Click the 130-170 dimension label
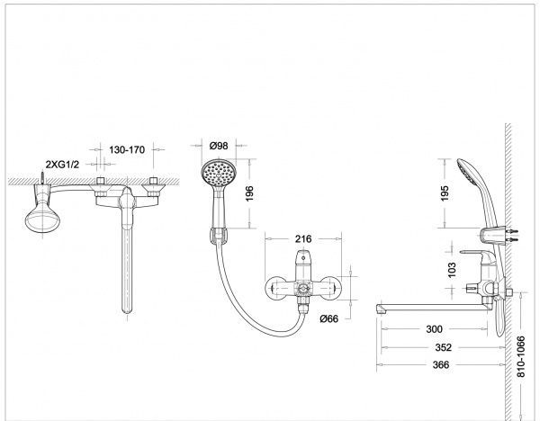coord(127,149)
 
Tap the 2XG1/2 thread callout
coord(62,165)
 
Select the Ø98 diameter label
coord(219,146)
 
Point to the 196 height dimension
coord(249,193)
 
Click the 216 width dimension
coord(303,238)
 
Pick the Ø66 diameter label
coord(328,318)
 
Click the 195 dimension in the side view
coord(445,193)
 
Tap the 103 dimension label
coord(452,270)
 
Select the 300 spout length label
coord(434,329)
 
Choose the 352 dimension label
coord(443,347)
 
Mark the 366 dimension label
coord(441,364)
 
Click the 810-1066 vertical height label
coord(521,356)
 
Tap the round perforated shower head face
coord(219,174)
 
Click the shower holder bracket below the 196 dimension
coord(218,236)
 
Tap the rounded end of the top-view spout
coord(127,309)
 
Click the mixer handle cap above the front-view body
coord(302,260)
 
